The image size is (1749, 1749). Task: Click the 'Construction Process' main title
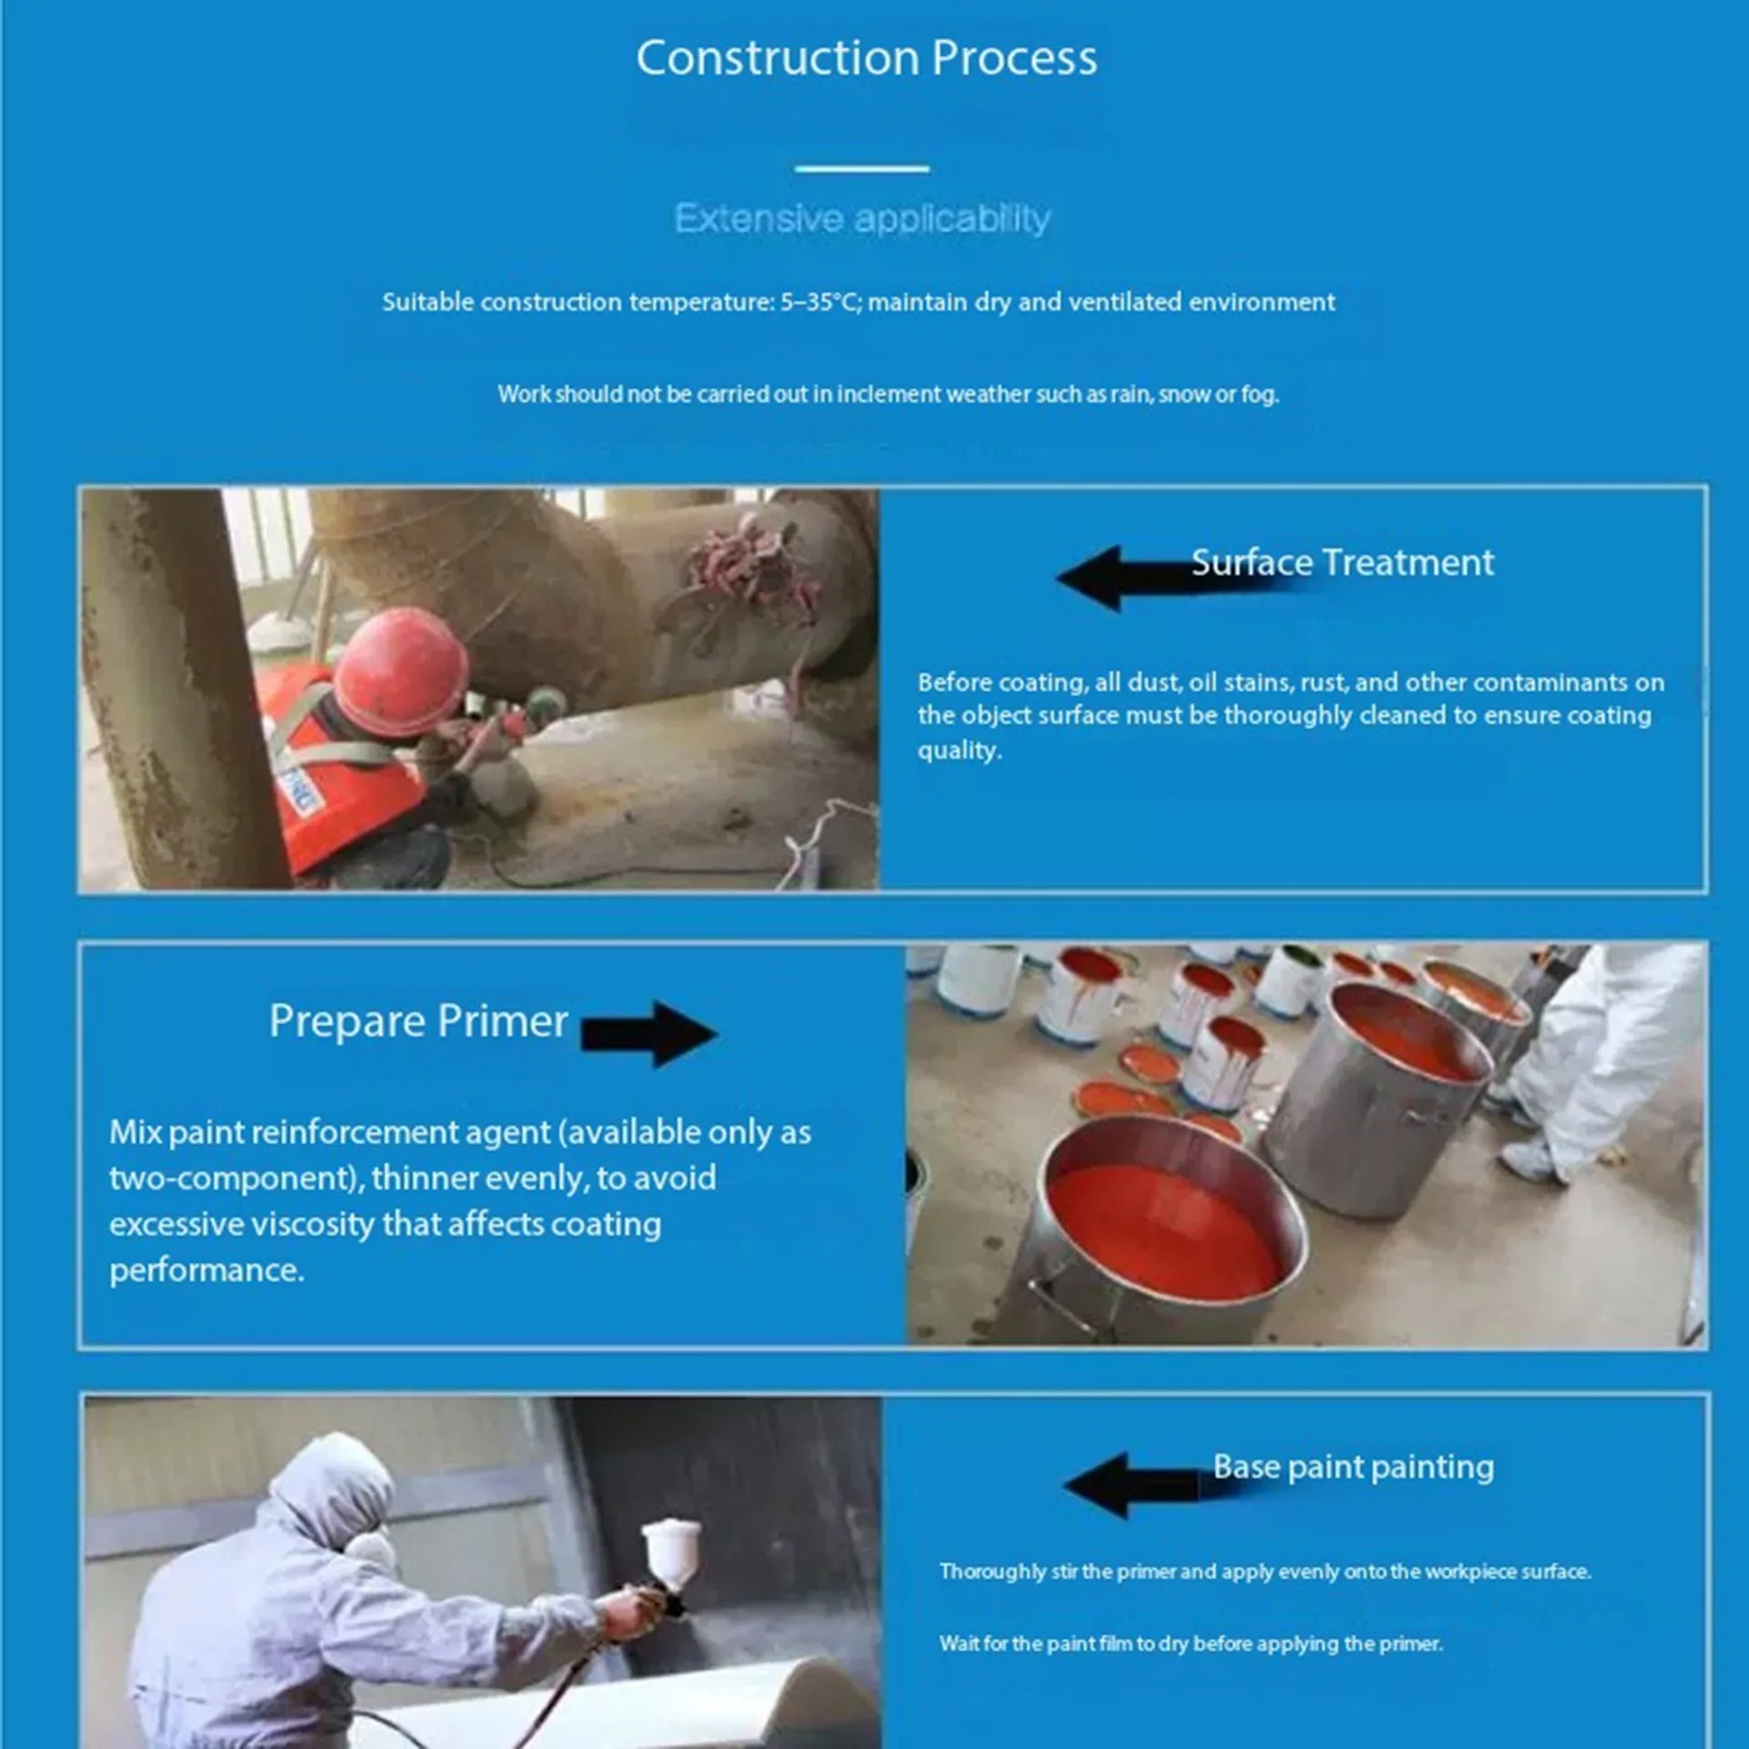pos(866,57)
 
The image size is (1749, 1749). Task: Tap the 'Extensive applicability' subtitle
pos(862,219)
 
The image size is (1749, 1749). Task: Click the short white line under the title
pos(862,169)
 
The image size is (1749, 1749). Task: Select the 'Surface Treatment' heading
pos(1343,562)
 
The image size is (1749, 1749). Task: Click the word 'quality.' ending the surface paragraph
pos(959,751)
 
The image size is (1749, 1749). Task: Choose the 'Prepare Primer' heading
pos(418,1021)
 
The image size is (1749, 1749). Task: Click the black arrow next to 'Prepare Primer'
pos(649,1034)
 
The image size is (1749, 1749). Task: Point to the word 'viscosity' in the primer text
pos(312,1224)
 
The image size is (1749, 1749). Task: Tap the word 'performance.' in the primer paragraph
pos(207,1270)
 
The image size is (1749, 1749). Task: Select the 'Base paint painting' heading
pos(1354,1467)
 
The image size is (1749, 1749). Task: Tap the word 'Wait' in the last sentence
pos(959,1643)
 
